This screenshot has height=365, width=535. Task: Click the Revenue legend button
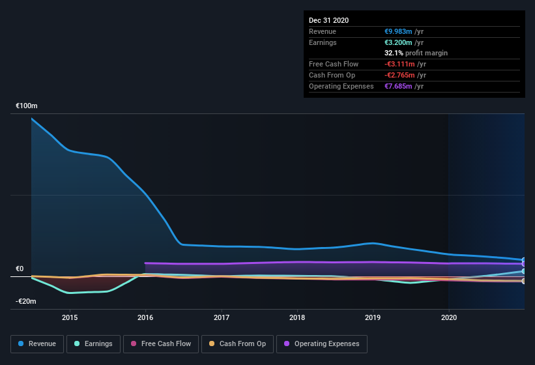click(38, 343)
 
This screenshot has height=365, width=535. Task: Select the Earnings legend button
click(93, 343)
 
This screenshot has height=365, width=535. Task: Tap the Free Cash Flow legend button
click(160, 343)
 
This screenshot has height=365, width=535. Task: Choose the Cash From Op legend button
click(237, 343)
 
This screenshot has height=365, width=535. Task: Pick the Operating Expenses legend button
click(322, 343)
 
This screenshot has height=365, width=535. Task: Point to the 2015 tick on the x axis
click(70, 317)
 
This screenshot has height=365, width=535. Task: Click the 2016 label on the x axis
click(145, 317)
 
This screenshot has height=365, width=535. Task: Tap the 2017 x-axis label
click(222, 317)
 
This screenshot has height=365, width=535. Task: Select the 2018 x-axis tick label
click(297, 317)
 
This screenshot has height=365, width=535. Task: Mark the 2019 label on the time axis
click(373, 317)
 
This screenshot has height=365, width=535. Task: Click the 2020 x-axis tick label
click(448, 317)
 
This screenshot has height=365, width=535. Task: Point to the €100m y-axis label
click(27, 106)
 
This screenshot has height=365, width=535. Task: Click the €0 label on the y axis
click(20, 269)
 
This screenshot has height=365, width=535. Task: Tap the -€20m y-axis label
click(25, 301)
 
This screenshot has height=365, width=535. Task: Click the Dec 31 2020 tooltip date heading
click(328, 20)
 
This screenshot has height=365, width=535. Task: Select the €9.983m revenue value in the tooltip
click(399, 31)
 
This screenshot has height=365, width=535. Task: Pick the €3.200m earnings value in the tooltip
click(399, 42)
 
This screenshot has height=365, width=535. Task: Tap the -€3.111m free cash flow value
click(399, 64)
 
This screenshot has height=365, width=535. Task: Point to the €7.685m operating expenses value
click(399, 86)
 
